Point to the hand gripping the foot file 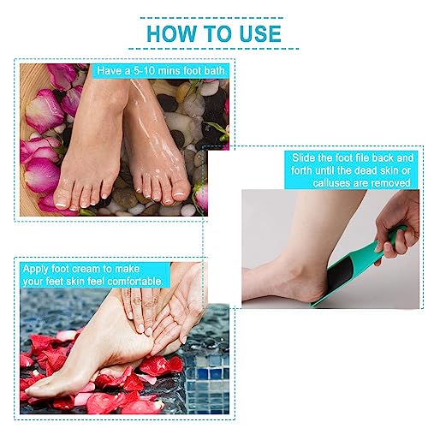[399, 224]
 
